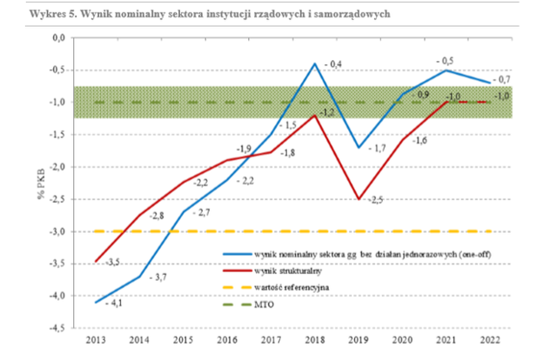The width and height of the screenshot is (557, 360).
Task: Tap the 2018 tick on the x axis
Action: click(315, 340)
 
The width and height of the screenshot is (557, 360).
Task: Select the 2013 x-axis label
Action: click(96, 340)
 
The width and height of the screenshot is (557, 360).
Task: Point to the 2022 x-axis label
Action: click(490, 340)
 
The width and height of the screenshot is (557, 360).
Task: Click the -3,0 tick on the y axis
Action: click(57, 231)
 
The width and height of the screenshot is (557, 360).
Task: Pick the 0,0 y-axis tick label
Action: click(59, 37)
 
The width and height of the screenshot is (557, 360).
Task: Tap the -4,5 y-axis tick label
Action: click(57, 328)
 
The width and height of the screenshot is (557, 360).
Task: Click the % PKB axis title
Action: click(41, 183)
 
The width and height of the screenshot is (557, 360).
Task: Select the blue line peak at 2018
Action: click(315, 63)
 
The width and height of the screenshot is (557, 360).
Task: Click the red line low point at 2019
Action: click(359, 199)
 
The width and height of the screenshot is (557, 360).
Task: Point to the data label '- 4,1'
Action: click(114, 303)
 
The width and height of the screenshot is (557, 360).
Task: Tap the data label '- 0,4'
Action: click(333, 64)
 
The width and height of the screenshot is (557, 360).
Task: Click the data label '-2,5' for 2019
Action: click(375, 200)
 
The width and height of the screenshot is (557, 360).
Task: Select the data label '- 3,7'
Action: click(158, 277)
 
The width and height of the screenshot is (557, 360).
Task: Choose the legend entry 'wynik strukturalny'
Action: click(288, 271)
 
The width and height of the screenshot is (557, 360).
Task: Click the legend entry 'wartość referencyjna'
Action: click(292, 287)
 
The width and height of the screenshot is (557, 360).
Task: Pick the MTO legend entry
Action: click(265, 304)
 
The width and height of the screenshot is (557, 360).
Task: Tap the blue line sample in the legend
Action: click(237, 255)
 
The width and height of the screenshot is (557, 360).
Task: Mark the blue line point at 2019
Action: click(359, 147)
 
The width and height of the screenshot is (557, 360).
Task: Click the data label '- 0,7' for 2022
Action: click(501, 79)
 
